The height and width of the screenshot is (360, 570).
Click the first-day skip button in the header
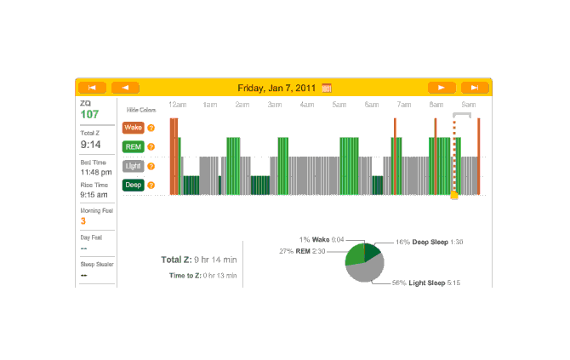coord(92,87)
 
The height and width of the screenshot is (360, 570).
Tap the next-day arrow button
coord(441,87)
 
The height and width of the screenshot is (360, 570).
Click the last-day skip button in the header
coord(475,87)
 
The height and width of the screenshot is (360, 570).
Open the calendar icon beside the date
coord(327,87)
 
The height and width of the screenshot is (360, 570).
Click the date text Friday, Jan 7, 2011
coord(277,87)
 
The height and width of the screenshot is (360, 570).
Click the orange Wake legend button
coord(133,128)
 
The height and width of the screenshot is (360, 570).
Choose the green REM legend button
coord(133,146)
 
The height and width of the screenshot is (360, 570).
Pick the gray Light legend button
coord(133,166)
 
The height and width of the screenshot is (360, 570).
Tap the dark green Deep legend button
coord(133,185)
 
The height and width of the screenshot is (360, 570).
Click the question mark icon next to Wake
coord(151,128)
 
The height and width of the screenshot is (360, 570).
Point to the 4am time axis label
coord(307,105)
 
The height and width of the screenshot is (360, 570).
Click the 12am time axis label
coord(177,105)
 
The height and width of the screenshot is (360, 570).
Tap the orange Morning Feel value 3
coord(83,220)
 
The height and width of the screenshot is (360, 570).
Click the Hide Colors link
coord(141,110)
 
